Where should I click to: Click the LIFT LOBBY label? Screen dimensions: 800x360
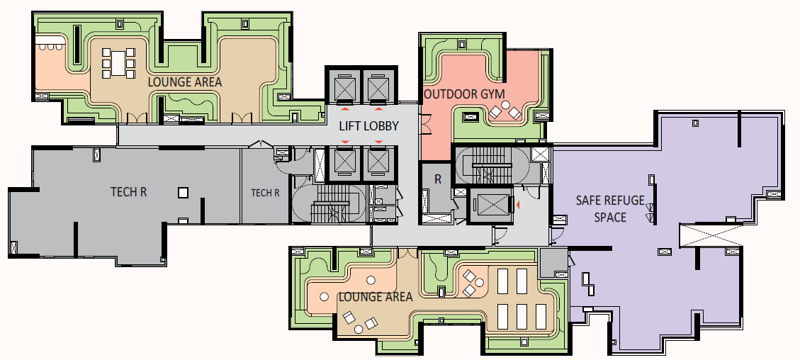368,126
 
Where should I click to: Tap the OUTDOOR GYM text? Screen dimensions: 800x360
464,94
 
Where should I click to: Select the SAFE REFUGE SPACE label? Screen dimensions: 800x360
610,208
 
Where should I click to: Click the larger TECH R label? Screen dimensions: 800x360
128,192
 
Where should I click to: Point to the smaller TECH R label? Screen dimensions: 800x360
265,193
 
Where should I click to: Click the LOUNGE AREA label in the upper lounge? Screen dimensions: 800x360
185,81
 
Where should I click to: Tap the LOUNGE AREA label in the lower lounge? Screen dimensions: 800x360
376,297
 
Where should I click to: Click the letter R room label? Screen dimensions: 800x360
438,179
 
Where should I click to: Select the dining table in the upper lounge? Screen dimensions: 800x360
118,63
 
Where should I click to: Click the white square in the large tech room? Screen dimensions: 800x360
183,193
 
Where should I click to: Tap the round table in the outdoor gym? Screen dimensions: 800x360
505,105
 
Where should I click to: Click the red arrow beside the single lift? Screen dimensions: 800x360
517,205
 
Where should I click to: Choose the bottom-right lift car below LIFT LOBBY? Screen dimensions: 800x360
378,163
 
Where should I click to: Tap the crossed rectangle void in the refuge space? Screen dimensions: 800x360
711,236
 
